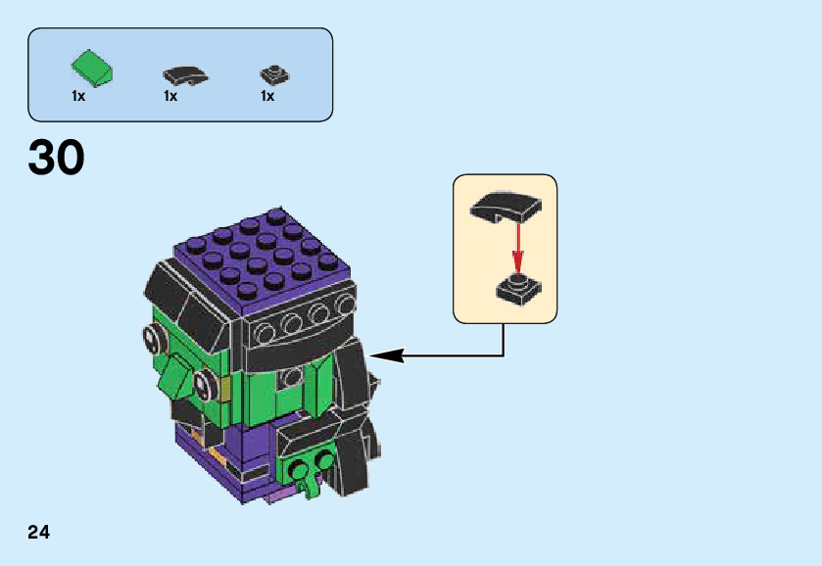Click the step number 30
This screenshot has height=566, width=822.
click(x=57, y=159)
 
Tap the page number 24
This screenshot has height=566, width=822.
click(x=39, y=533)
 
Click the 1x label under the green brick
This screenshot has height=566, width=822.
click(x=78, y=97)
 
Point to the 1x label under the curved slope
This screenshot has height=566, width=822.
click(x=170, y=97)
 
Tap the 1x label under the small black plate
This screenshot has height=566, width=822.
click(x=266, y=97)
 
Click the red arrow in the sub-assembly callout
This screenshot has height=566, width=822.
click(x=517, y=245)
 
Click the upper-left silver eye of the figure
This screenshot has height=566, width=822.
click(x=154, y=339)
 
